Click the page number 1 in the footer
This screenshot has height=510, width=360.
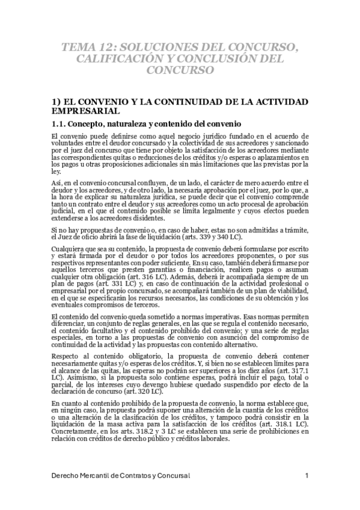coord(307,476)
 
